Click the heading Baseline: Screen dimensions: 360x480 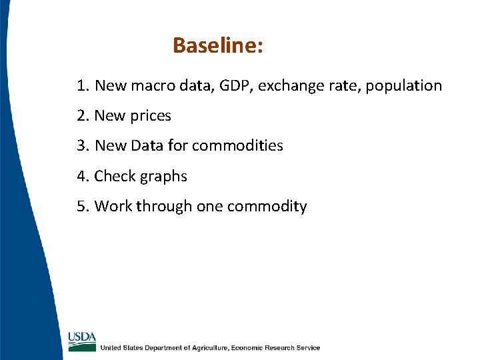pyautogui.click(x=218, y=45)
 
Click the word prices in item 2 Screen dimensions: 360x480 pyautogui.click(x=151, y=116)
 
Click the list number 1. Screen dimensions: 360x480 pyautogui.click(x=81, y=85)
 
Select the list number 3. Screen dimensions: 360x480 pyautogui.click(x=81, y=145)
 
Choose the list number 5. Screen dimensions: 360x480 pyautogui.click(x=81, y=206)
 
